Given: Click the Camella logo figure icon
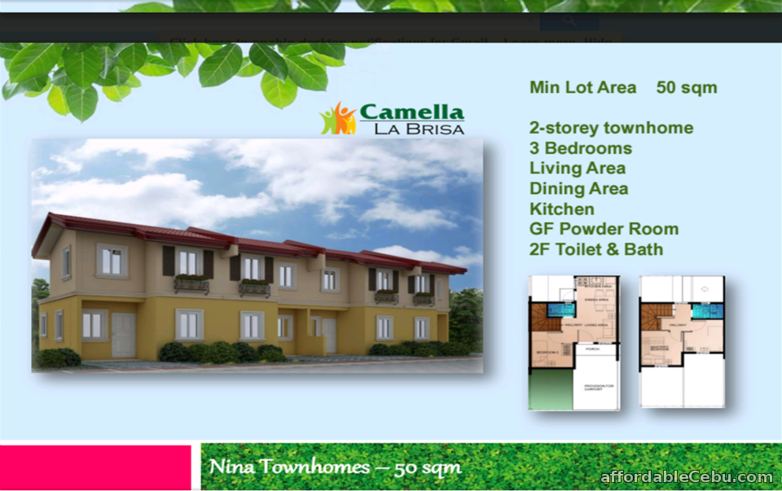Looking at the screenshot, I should [338, 119].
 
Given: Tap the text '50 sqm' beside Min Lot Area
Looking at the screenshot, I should [687, 88].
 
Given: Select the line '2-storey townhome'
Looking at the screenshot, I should [611, 128].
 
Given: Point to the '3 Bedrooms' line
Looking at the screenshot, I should [580, 148].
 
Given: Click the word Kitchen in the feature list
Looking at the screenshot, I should [561, 209].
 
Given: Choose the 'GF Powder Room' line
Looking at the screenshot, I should [604, 229].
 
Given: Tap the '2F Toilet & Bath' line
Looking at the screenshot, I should [596, 249].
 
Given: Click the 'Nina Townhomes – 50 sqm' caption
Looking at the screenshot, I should [335, 467].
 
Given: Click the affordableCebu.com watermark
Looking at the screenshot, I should [686, 477].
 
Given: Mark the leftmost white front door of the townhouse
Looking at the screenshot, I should [123, 335].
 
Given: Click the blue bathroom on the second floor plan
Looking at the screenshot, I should [702, 311].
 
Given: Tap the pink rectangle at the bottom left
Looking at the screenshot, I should [95, 467].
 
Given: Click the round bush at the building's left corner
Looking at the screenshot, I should [59, 357].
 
